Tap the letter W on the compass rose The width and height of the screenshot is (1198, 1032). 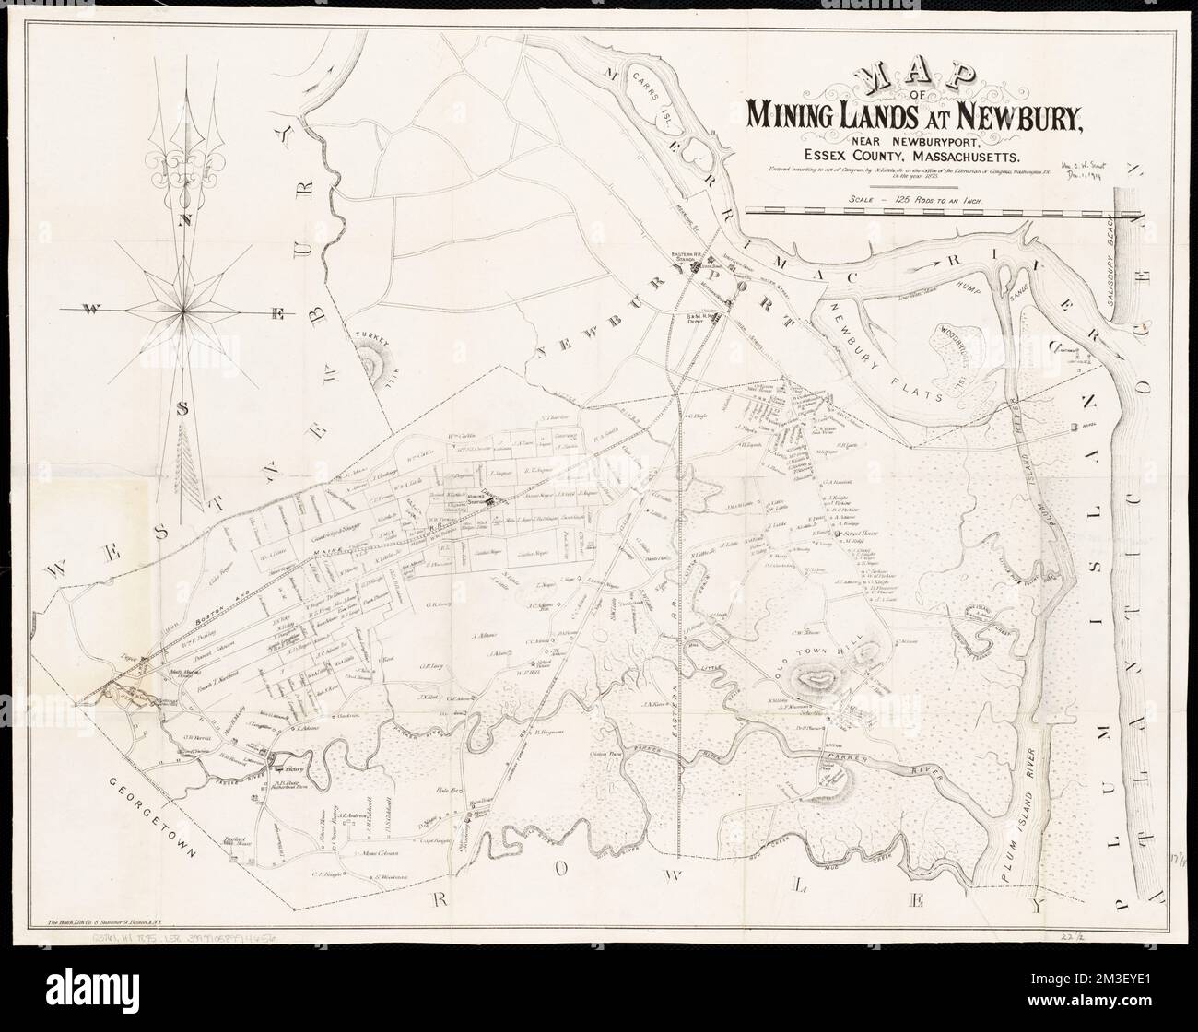tap(93, 310)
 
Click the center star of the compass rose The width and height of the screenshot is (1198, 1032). tap(185, 311)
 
